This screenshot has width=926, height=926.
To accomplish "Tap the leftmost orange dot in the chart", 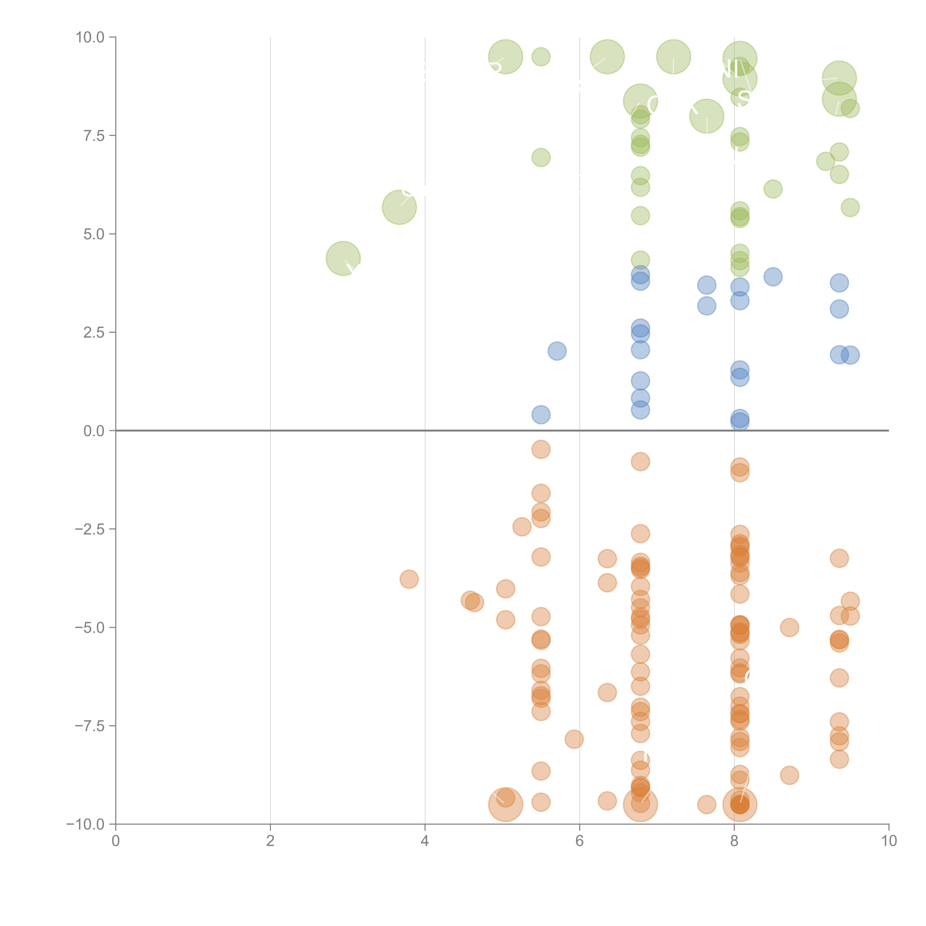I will pyautogui.click(x=409, y=579).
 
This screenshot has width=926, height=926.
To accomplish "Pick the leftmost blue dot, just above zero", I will pyautogui.click(x=541, y=415).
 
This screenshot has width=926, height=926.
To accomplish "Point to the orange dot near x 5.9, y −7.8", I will pyautogui.click(x=574, y=739).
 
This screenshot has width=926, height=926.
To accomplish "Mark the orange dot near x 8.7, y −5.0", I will pyautogui.click(x=789, y=627).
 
